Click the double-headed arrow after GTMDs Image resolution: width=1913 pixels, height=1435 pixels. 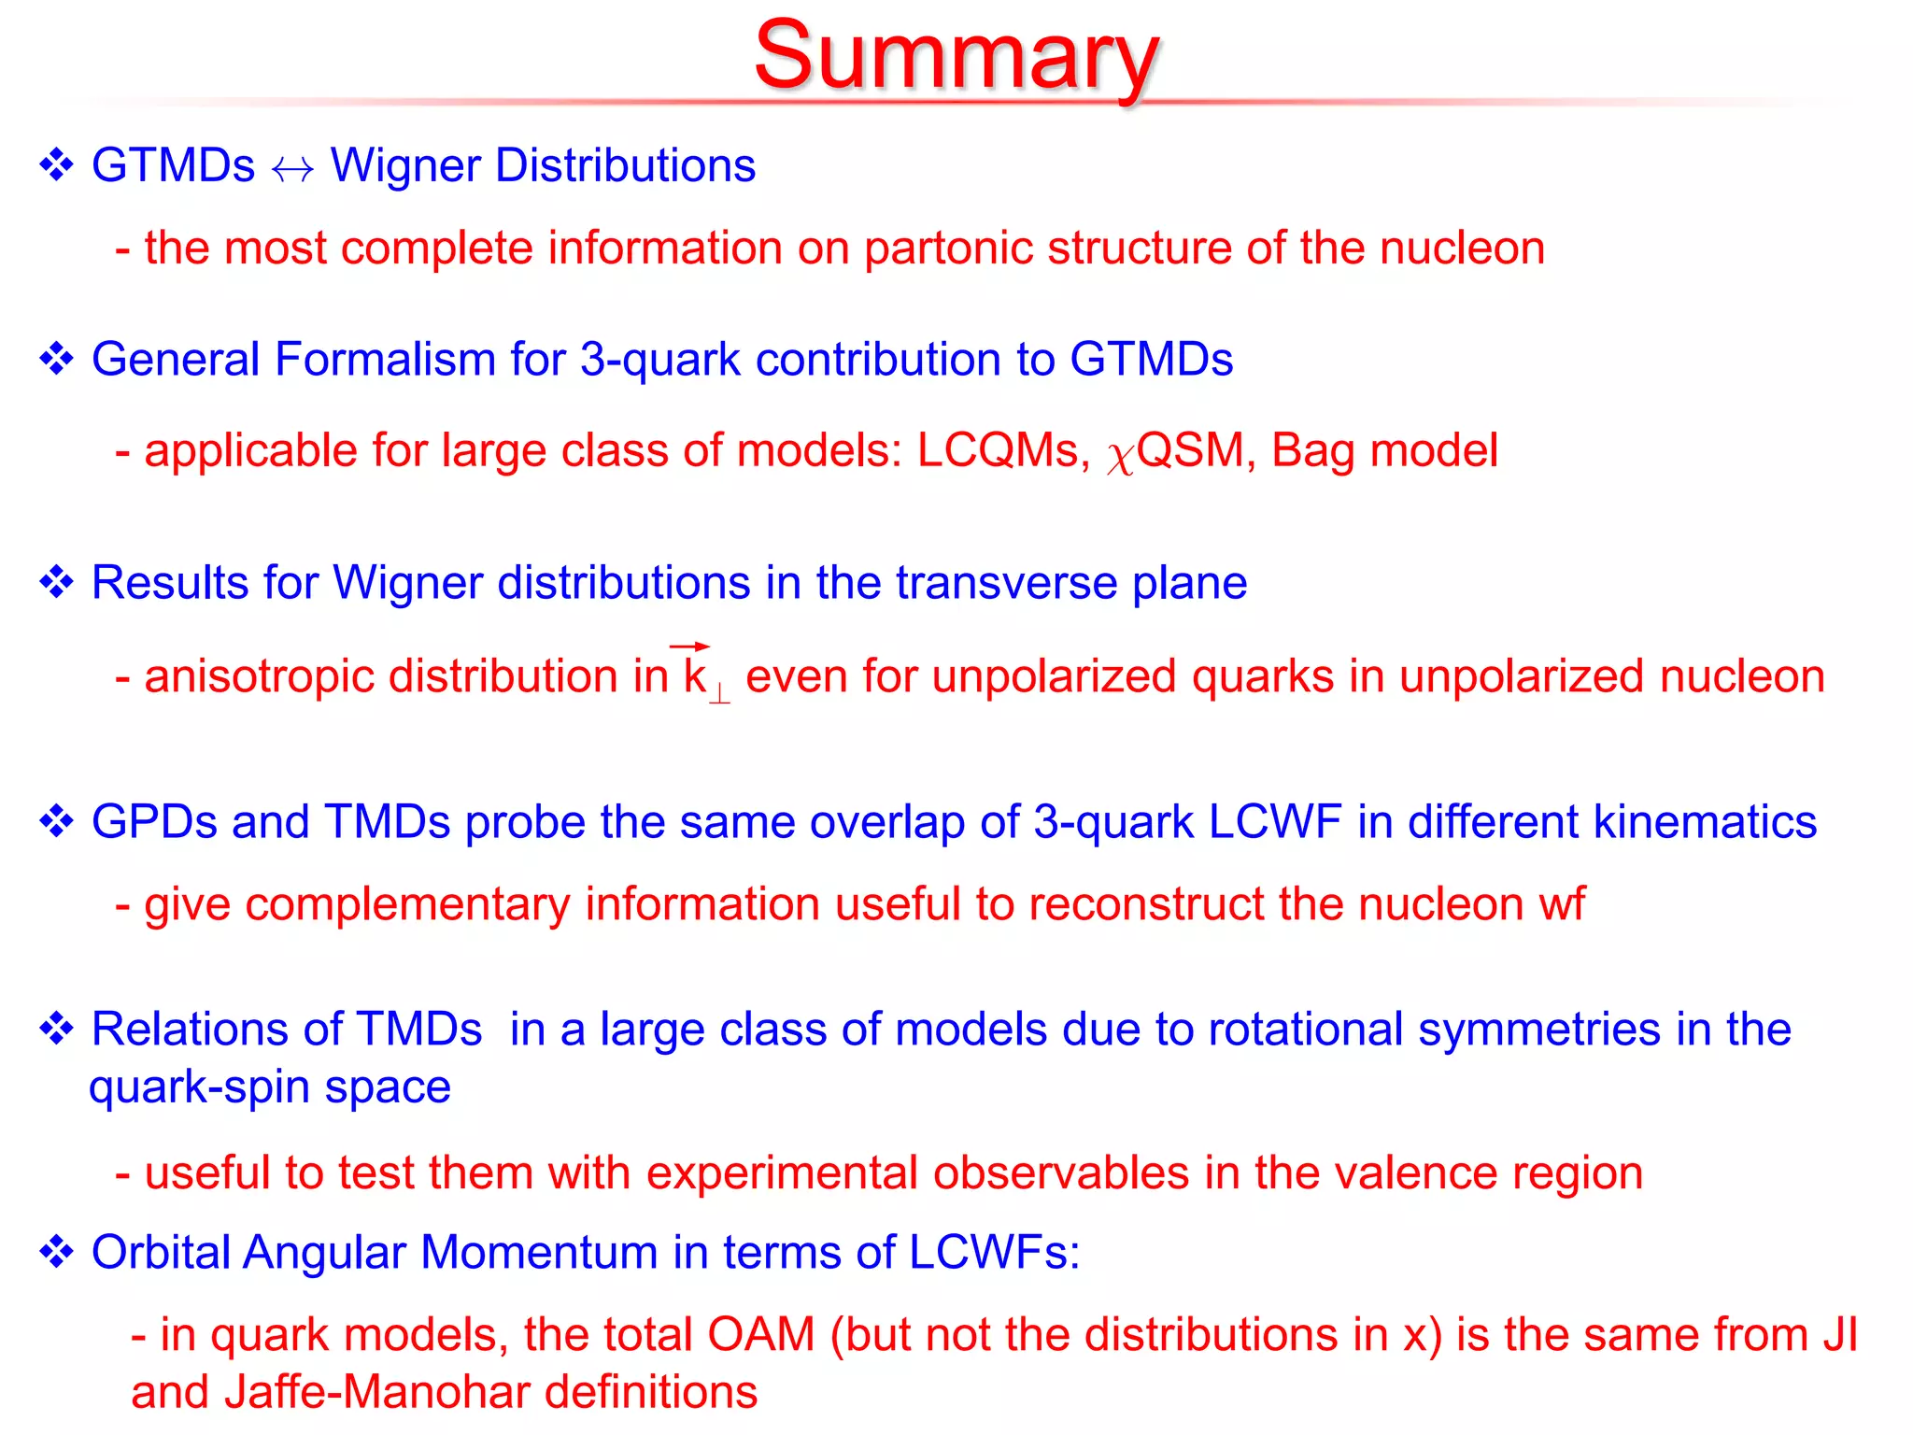pyautogui.click(x=292, y=169)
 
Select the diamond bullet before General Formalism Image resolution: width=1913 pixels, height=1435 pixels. pyautogui.click(x=56, y=360)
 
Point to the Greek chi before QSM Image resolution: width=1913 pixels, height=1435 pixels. pyautogui.click(x=1120, y=457)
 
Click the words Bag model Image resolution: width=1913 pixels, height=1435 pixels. pyautogui.click(x=1384, y=451)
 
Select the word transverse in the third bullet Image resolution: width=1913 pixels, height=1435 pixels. pyautogui.click(x=1006, y=583)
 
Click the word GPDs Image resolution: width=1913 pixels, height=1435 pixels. pyautogui.click(x=154, y=822)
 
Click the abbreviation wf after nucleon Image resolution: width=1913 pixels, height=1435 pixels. pyautogui.click(x=1561, y=904)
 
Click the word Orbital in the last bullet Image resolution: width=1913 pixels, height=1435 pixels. pyautogui.click(x=160, y=1252)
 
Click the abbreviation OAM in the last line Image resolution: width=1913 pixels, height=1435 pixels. pyautogui.click(x=760, y=1334)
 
